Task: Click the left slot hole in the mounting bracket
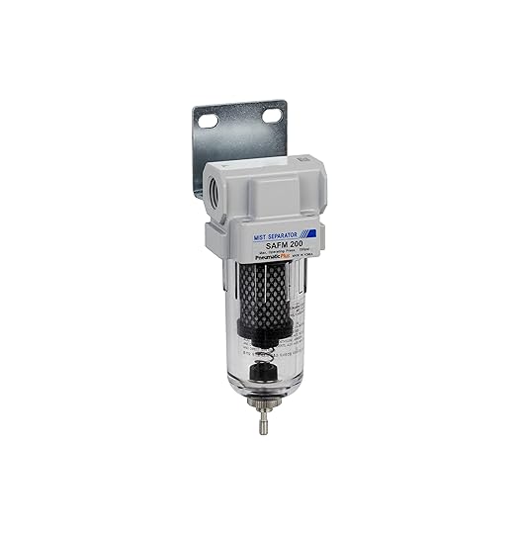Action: point(209,121)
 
